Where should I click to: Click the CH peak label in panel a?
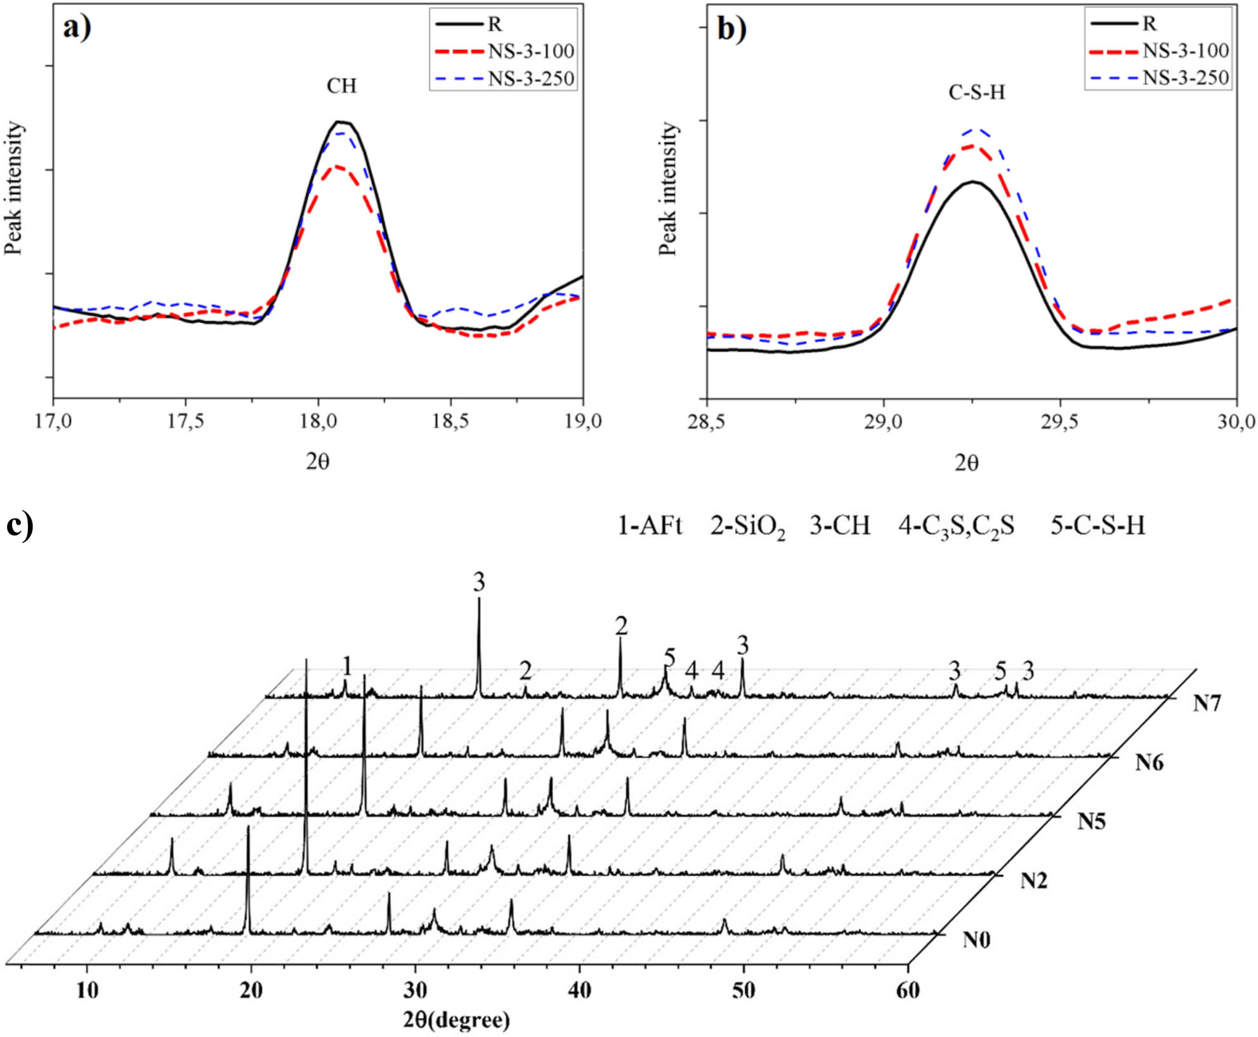click(341, 86)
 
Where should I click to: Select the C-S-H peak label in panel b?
click(977, 93)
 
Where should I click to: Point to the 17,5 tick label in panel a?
click(185, 422)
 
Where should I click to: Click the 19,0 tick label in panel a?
click(583, 422)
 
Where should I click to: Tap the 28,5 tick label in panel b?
click(707, 422)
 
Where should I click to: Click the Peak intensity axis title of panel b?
click(667, 190)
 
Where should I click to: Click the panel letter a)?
click(77, 29)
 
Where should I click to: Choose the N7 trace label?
click(1206, 703)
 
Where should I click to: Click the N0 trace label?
click(976, 939)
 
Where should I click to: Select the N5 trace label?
click(1091, 821)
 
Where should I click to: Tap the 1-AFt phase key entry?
click(650, 526)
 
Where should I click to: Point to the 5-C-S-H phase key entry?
click(1097, 526)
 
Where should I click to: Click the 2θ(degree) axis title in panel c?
click(456, 1020)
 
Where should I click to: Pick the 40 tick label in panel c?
click(579, 990)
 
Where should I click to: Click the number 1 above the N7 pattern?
click(346, 666)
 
